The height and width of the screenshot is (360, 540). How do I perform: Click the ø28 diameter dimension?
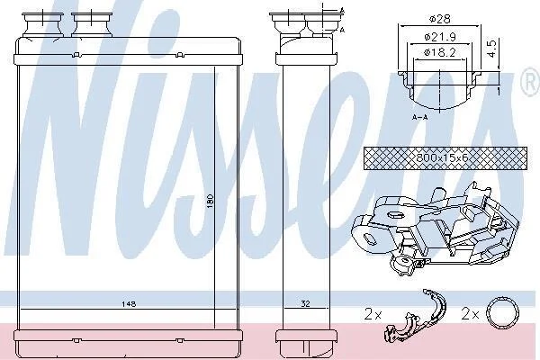[x=440, y=19]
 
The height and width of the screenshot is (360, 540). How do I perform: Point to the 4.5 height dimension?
[x=491, y=49]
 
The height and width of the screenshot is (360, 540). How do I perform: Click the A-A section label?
[x=419, y=117]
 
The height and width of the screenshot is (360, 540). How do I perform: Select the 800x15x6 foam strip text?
[x=442, y=158]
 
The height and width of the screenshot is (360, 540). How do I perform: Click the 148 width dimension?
[x=129, y=304]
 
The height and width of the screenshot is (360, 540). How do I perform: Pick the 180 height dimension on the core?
[x=211, y=201]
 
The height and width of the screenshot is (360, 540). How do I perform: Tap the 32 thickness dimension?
[x=305, y=303]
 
